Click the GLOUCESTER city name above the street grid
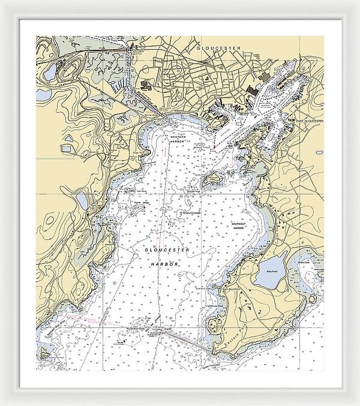[x=219, y=47]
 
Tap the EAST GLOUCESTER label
[x=310, y=121]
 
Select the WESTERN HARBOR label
[x=178, y=140]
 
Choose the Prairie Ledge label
[x=142, y=203]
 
